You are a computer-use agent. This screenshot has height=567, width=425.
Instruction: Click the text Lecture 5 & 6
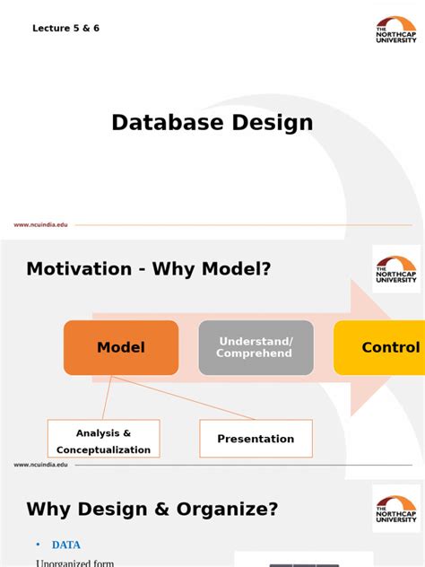coord(65,29)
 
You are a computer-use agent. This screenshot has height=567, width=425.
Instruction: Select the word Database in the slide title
coord(165,123)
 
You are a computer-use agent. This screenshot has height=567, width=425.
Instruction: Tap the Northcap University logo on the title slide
coord(395,31)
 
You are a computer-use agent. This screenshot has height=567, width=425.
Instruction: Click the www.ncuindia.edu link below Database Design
coord(40,225)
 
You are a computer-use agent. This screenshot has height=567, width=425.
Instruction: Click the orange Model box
coord(120,347)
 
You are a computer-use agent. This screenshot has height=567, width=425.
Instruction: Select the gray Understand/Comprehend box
coord(256,347)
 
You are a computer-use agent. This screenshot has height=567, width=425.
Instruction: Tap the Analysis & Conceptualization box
coord(103,441)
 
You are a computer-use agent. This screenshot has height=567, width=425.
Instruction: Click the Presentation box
coord(256,439)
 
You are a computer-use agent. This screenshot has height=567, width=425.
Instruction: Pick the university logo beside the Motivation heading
coord(395,269)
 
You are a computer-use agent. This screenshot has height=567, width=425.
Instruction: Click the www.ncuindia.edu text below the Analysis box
coord(40,465)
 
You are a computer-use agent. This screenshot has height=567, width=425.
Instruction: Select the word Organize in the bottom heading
coord(232,509)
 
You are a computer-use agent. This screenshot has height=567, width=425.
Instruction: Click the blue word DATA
coord(66,544)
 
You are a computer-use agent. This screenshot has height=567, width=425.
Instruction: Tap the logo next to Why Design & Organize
coord(395,510)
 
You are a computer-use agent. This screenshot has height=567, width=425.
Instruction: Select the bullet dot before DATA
coord(38,544)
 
